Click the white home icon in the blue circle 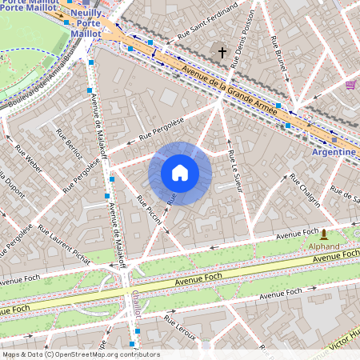click(180, 173)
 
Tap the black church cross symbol click(223, 53)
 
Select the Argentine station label click(334, 151)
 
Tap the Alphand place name click(323, 247)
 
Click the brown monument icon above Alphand click(324, 234)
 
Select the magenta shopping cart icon click(350, 84)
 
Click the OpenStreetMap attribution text click(80, 354)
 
